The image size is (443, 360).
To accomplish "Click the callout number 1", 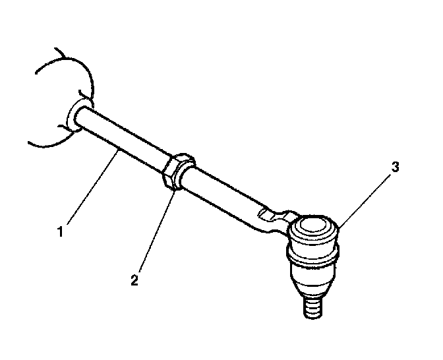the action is coord(60,232).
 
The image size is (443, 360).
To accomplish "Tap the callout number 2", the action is coord(134,280).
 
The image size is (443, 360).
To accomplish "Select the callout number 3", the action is coord(395,167).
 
